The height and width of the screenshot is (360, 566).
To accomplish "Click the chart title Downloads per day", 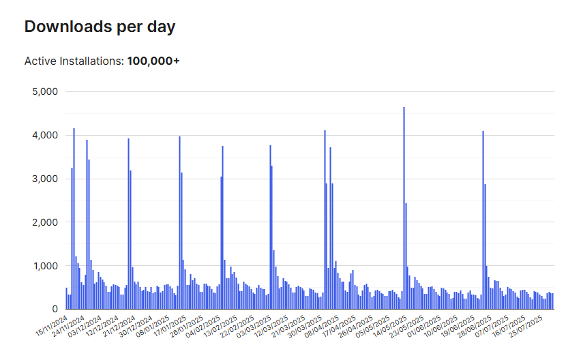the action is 100,27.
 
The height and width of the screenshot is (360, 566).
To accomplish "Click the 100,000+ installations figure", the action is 153,61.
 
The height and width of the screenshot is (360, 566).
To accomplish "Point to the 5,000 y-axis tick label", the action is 45,92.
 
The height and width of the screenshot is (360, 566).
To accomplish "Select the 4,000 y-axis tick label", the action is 45,136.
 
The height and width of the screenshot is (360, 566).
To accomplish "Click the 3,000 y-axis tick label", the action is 45,179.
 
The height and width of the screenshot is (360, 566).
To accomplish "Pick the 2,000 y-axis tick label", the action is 45,222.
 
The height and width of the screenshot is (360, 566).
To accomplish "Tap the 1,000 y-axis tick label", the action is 46,266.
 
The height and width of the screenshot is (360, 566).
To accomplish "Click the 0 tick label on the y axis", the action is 55,309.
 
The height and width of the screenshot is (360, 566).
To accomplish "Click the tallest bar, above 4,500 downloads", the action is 404,208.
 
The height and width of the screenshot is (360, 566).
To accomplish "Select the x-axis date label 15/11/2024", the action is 52,326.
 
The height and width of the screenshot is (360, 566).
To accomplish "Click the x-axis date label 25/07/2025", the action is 526,326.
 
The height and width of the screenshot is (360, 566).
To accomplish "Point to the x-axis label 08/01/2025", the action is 152,326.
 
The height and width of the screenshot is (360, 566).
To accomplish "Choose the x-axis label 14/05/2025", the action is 390,326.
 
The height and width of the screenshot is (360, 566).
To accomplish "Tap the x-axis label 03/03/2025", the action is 254,326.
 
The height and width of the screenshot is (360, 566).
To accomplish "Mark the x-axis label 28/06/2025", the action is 475,326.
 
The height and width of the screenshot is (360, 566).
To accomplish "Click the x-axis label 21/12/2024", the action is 119,326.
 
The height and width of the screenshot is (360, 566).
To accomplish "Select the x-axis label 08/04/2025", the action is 322,326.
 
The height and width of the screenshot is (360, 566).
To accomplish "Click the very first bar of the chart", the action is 66,299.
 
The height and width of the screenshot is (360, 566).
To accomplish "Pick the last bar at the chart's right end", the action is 552,301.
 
